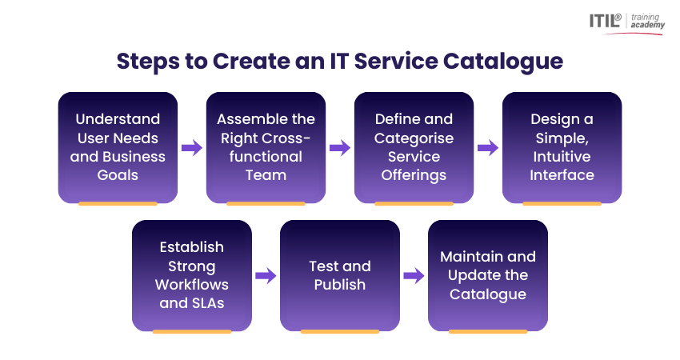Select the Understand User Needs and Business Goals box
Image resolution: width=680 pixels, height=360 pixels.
tap(118, 146)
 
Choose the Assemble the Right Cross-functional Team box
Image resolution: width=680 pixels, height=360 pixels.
tap(266, 146)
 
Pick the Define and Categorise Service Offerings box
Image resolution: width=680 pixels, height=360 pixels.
tap(414, 146)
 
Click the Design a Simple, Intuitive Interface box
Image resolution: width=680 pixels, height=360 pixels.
tap(562, 146)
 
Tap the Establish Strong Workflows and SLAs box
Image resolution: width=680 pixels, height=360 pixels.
tap(192, 274)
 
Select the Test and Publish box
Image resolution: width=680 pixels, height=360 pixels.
tap(339, 274)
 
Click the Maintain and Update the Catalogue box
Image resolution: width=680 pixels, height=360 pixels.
tap(488, 274)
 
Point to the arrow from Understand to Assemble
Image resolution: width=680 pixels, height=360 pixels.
tap(192, 147)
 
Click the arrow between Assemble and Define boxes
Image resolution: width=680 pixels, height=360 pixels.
tap(340, 147)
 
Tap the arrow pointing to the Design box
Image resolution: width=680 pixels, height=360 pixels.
tap(488, 147)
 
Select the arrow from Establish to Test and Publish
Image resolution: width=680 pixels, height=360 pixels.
tap(266, 276)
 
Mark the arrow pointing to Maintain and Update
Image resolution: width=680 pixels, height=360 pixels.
tap(414, 276)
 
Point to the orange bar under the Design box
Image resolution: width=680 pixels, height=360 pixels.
tap(562, 204)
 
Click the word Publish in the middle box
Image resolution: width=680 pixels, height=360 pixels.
tap(339, 284)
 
